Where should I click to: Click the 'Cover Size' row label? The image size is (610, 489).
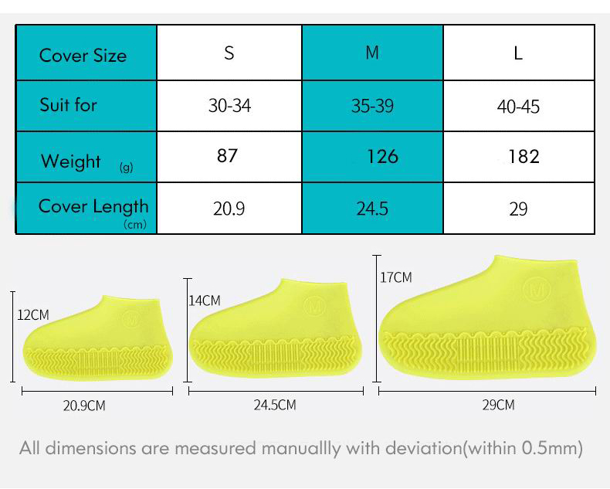click(x=83, y=55)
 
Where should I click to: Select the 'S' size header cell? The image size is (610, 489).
click(x=229, y=53)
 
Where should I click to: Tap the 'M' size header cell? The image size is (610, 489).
click(x=372, y=53)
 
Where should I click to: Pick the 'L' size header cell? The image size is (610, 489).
click(x=518, y=53)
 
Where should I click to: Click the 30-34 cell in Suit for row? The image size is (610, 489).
click(x=229, y=105)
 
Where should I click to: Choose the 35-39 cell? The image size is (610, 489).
click(x=372, y=105)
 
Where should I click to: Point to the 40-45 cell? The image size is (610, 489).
click(x=518, y=105)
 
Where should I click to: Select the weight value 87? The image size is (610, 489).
click(x=227, y=155)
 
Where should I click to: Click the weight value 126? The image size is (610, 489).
click(x=382, y=156)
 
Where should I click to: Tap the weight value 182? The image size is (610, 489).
click(x=524, y=156)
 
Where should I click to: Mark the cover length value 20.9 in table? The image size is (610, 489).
click(x=229, y=209)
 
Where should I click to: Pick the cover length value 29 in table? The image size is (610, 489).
click(x=518, y=209)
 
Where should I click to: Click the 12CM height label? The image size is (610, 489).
click(x=33, y=315)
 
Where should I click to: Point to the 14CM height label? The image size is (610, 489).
click(x=205, y=301)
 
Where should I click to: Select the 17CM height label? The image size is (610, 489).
click(x=396, y=277)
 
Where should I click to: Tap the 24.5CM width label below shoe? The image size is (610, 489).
click(x=274, y=405)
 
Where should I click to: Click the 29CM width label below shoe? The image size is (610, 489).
click(x=498, y=405)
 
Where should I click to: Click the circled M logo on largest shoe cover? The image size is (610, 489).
click(x=534, y=290)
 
